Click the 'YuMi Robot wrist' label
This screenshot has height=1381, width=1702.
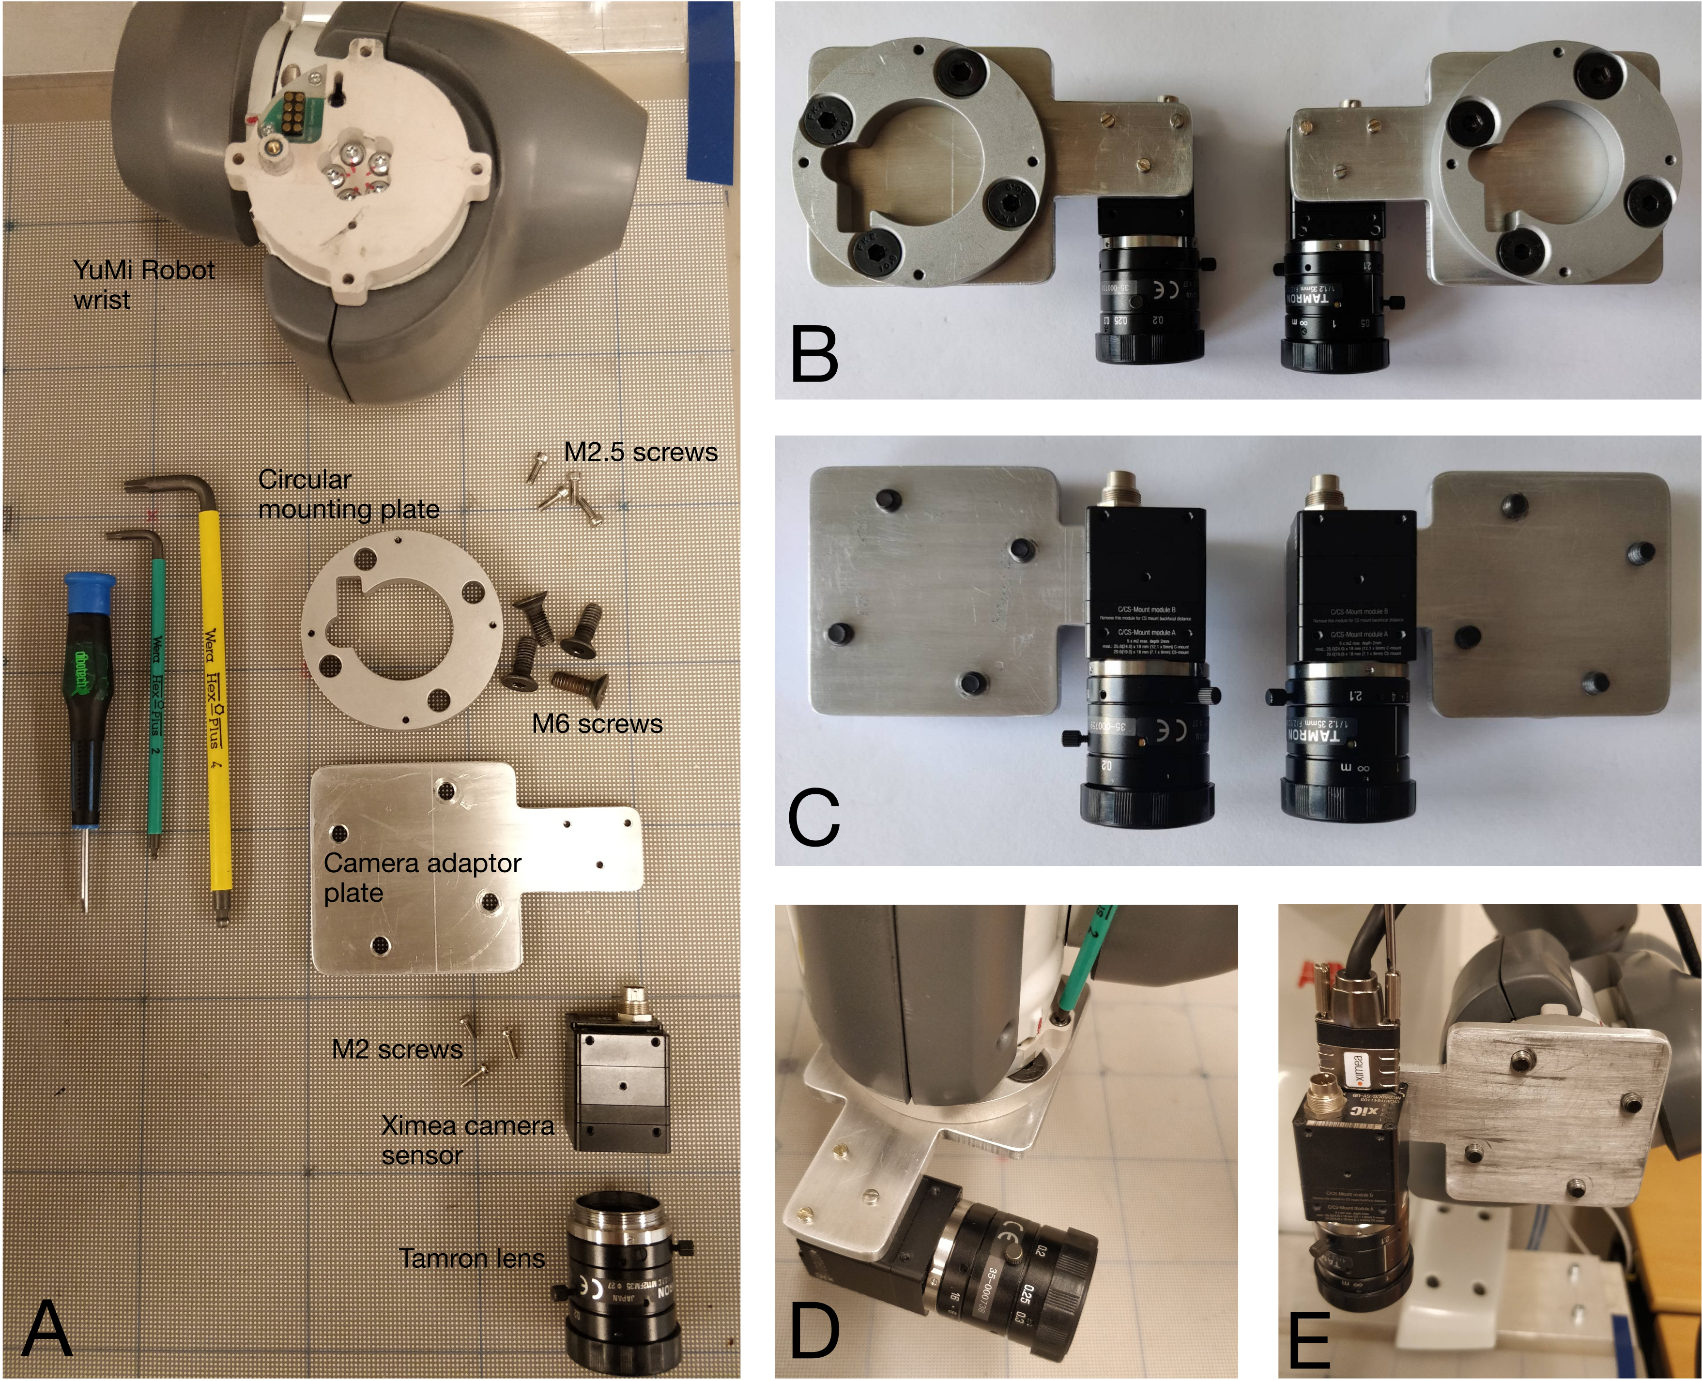pyautogui.click(x=143, y=285)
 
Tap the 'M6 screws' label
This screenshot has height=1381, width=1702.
pyautogui.click(x=597, y=724)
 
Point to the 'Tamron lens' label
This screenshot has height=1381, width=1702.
pyautogui.click(x=471, y=1259)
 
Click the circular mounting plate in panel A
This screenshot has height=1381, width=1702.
pyautogui.click(x=402, y=628)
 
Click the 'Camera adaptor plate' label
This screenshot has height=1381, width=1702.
pyautogui.click(x=422, y=878)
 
